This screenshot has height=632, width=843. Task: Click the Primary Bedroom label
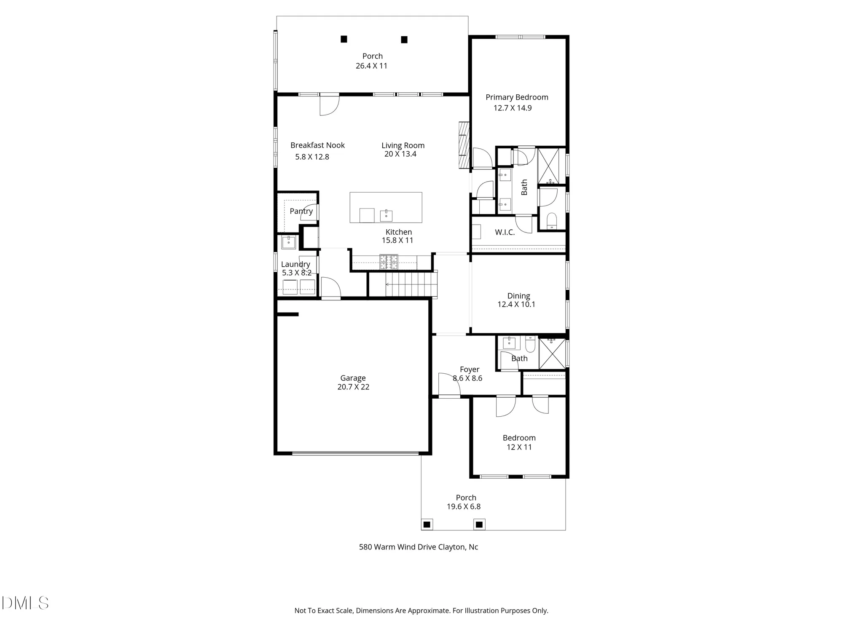click(517, 97)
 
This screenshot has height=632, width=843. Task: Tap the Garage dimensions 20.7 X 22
click(353, 387)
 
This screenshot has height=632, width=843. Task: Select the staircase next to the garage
click(411, 284)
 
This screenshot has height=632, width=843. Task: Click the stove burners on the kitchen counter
click(389, 262)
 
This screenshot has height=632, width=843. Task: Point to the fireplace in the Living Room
click(464, 145)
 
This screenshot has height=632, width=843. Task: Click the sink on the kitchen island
click(386, 215)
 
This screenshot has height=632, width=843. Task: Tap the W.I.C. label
click(505, 233)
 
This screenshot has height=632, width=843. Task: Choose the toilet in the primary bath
click(551, 221)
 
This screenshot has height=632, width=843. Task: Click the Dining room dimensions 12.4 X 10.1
click(516, 305)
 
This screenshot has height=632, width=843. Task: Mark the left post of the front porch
click(427, 525)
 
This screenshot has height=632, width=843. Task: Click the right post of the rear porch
click(404, 40)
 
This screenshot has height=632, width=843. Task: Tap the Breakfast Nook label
click(317, 145)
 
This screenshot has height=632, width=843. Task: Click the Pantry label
click(301, 211)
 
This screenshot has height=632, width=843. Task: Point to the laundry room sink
click(289, 242)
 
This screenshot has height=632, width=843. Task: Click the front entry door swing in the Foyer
click(448, 384)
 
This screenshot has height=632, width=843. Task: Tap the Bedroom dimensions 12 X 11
click(519, 447)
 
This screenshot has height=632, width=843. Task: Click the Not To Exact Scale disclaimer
click(421, 611)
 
